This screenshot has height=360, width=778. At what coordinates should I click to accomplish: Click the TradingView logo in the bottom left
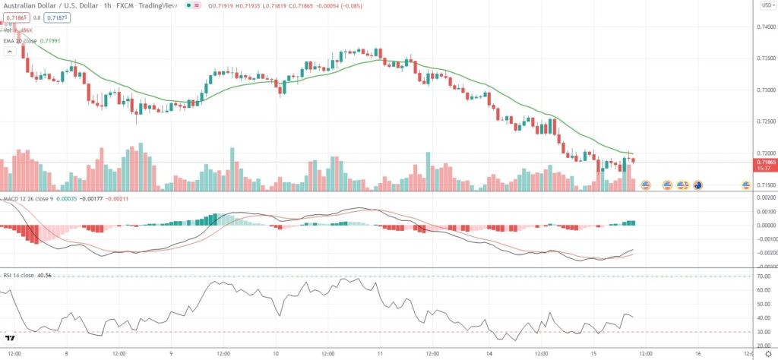[x=11, y=339]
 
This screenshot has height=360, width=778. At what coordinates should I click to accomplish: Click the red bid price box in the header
[x=15, y=17]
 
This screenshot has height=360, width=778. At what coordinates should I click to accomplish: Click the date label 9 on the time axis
[x=172, y=353]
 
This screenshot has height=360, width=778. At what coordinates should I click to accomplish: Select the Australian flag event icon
[x=697, y=185]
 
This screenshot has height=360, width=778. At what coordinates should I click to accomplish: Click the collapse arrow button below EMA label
[x=10, y=52]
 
